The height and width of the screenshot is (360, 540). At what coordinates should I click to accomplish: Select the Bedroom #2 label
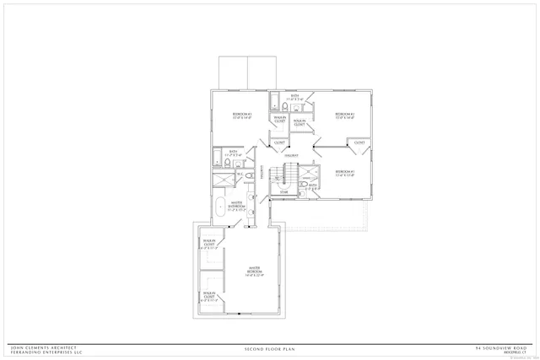[x=343, y=115]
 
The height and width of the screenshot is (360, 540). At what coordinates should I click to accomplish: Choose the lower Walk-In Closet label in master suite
[x=209, y=295]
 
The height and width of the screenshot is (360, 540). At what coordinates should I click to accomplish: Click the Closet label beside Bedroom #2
[x=359, y=142]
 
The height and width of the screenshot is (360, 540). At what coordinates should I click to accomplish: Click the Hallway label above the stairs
[x=289, y=156]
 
